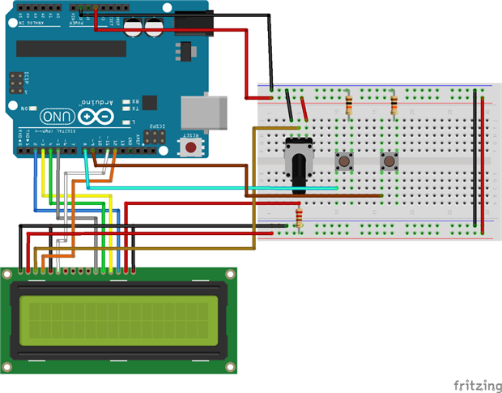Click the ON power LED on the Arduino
click(34, 107)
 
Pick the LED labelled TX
click(125, 108)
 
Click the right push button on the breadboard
click(390, 162)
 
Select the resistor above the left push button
click(349, 105)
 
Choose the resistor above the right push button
click(394, 105)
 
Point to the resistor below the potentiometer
click(300, 217)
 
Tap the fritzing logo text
click(474, 383)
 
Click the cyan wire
click(211, 188)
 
